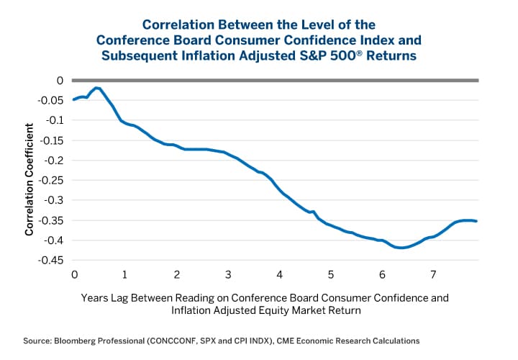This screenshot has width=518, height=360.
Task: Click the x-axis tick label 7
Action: pyautogui.click(x=433, y=274)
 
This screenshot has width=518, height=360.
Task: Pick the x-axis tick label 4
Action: pyautogui.click(x=279, y=274)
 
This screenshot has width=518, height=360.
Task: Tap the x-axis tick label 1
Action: pyautogui.click(x=125, y=274)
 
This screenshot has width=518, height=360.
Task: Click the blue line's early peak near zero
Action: pyautogui.click(x=96, y=88)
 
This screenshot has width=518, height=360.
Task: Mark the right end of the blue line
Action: pyautogui.click(x=476, y=221)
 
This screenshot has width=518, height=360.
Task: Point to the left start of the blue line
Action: pyautogui.click(x=74, y=99)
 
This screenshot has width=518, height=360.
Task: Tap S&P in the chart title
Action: pyautogui.click(x=334, y=55)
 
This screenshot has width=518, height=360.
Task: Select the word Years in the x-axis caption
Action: pyautogui.click(x=94, y=297)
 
